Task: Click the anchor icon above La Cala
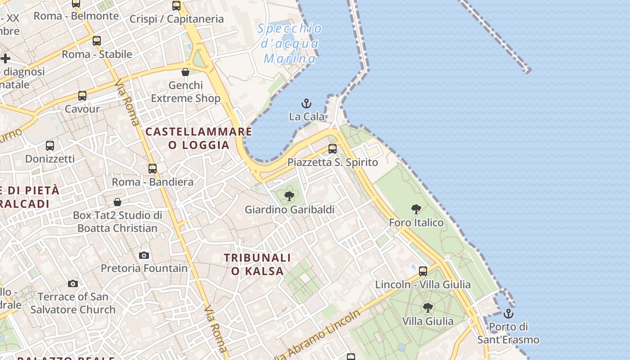point(306,104)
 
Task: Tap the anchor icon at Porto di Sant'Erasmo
point(508,314)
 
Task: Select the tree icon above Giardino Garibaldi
point(289,196)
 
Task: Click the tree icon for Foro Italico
point(416,209)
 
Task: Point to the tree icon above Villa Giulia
point(428,308)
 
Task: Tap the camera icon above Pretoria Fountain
point(144,256)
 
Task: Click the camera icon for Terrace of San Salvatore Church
point(73,283)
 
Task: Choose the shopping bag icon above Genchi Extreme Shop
point(185,72)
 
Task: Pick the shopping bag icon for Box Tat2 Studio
point(117,202)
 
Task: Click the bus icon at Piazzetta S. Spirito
point(333,149)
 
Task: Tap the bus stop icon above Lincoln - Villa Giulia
point(423,271)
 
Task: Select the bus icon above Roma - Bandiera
point(153,169)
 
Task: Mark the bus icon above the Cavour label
point(82,96)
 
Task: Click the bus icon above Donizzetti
point(50,146)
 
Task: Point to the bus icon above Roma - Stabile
point(97,41)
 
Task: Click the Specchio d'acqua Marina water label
point(290,44)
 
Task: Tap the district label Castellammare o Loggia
point(199,138)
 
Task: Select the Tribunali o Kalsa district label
point(257,264)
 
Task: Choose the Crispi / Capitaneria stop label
point(176,19)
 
